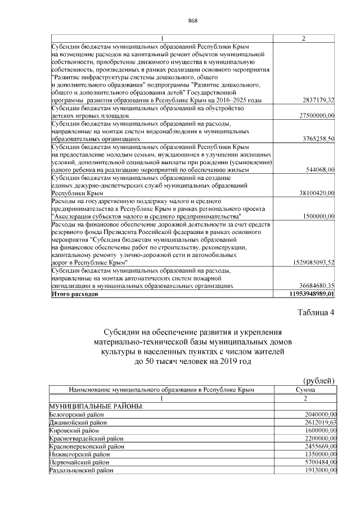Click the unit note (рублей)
tap(319, 380)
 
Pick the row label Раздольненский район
tap(81, 469)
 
